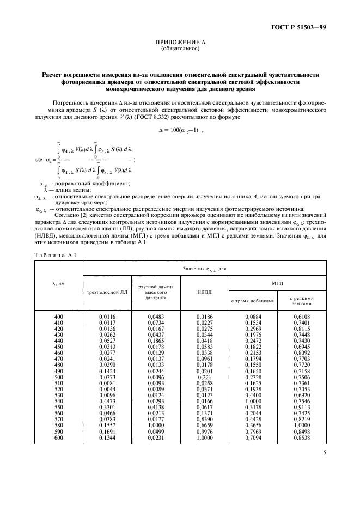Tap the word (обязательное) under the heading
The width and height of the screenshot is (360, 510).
coord(180,50)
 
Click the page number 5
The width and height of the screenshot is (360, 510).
coord(323,451)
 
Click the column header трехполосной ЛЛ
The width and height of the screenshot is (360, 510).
coord(107,292)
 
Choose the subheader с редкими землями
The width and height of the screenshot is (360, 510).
coord(301,302)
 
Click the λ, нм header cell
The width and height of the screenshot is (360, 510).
coord(58,283)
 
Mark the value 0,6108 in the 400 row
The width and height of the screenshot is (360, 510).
coord(301,317)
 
